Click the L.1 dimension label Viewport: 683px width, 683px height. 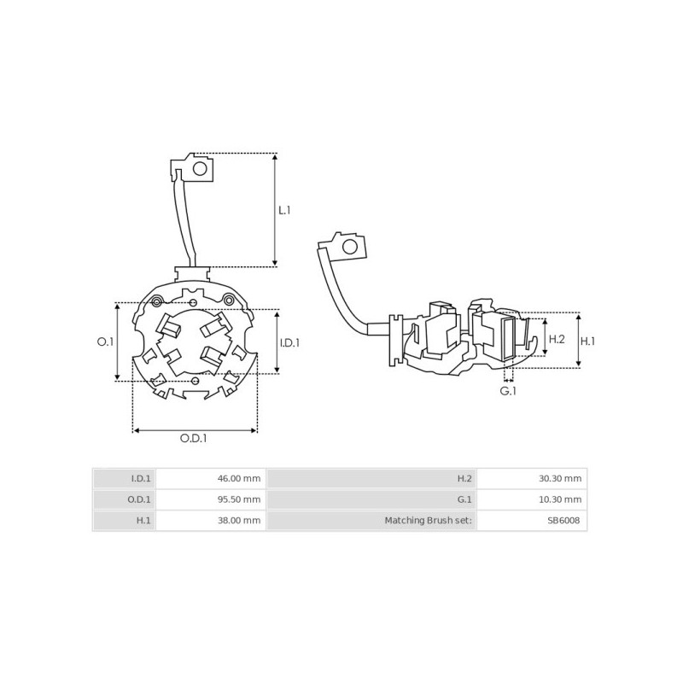(x=284, y=209)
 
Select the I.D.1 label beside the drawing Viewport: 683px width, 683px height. (x=289, y=343)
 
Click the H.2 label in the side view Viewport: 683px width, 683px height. (x=556, y=339)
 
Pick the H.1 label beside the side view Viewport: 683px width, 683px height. (x=587, y=341)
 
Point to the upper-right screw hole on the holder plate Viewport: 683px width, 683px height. (x=228, y=298)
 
